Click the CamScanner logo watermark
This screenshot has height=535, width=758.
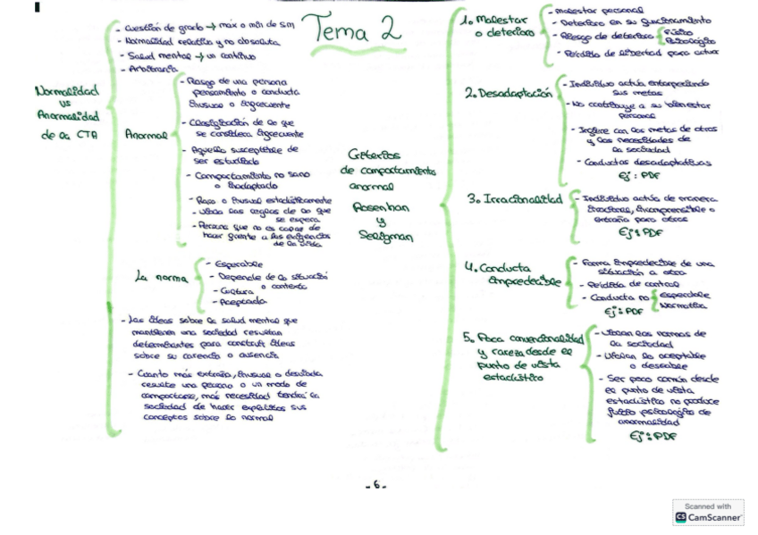tap(707, 513)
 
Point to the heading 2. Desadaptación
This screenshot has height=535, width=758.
tap(507, 93)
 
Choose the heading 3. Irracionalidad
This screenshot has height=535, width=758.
tap(514, 199)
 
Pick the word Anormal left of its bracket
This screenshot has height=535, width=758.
tap(146, 136)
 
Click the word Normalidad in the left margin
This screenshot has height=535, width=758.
tap(66, 91)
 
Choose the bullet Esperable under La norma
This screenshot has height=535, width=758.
tap(235, 263)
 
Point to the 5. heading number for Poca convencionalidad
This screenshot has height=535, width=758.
tap(468, 338)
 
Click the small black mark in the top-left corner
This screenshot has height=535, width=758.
tap(37, 8)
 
